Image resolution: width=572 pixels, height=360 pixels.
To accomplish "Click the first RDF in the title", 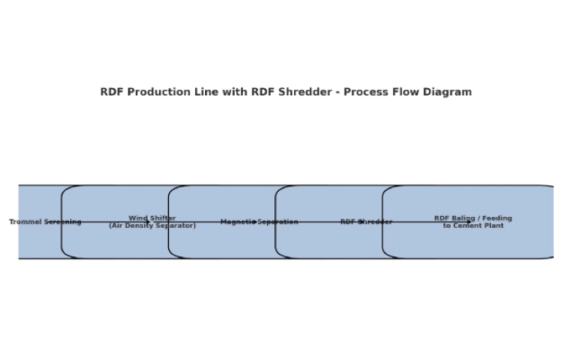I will [x=112, y=92].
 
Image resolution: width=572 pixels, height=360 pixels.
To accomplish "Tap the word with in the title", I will [x=228, y=92].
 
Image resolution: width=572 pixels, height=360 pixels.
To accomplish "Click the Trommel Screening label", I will [x=45, y=222].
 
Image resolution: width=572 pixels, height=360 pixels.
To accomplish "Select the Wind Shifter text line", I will [x=152, y=218].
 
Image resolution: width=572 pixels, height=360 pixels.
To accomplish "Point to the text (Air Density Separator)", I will [x=152, y=226].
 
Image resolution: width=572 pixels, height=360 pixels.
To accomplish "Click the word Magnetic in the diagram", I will [x=237, y=222].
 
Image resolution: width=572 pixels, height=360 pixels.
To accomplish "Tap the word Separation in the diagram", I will [x=279, y=222].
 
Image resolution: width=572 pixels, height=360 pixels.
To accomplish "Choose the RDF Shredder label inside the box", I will [x=366, y=222].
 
